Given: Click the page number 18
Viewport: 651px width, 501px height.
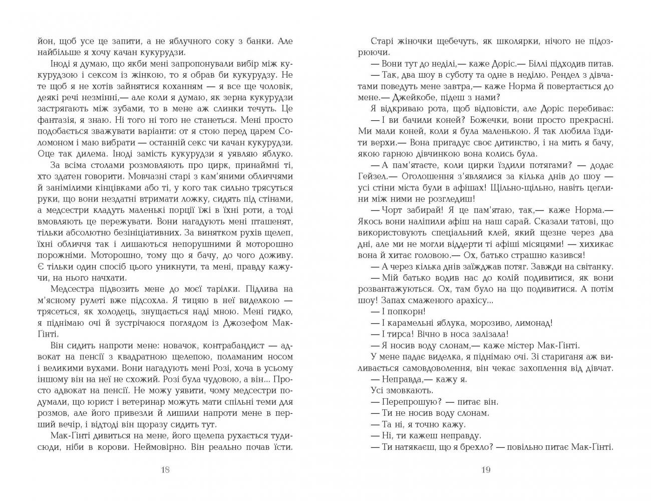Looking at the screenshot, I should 166,469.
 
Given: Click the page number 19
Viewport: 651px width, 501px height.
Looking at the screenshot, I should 485,469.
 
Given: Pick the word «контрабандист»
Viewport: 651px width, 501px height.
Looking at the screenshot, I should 225,346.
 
